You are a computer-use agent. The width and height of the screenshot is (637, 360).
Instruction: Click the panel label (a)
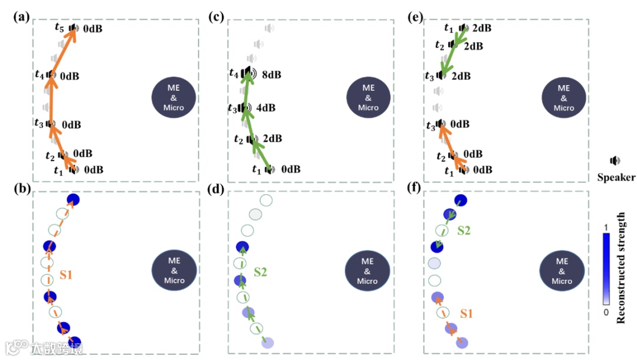point(22,17)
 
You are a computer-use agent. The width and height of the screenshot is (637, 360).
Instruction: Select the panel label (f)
point(415,189)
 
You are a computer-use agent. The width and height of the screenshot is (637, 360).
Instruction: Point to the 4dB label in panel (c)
point(266,108)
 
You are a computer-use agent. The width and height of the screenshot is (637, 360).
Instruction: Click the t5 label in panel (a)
point(58,27)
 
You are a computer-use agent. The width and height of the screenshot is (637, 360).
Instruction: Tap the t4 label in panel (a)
point(39,75)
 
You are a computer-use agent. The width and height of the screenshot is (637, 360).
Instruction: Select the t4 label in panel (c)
point(234,73)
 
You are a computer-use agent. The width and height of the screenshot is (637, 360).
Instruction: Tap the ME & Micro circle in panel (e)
point(563,96)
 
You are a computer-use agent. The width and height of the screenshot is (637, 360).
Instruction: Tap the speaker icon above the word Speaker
point(615,161)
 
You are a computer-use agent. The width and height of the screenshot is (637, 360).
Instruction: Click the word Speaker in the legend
point(616,178)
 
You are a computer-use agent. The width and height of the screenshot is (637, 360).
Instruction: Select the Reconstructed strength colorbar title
point(621,269)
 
